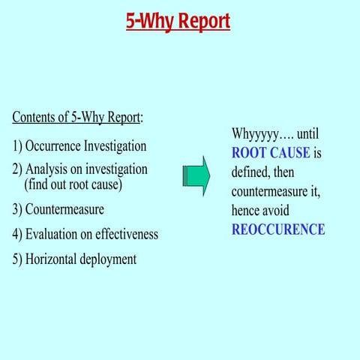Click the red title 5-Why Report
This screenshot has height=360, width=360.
pyautogui.click(x=178, y=21)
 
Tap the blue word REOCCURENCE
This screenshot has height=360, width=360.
pyautogui.click(x=278, y=229)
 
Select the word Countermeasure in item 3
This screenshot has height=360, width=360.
pyautogui.click(x=64, y=208)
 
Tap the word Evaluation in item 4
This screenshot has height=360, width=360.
pyautogui.click(x=55, y=234)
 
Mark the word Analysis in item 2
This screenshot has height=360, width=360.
pyautogui.click(x=48, y=169)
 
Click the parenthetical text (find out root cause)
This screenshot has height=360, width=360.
pyautogui.click(x=73, y=184)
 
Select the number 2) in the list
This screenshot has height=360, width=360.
pyautogui.click(x=17, y=169)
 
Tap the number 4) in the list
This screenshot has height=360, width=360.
pyautogui.click(x=17, y=234)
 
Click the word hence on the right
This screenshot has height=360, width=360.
pyautogui.click(x=247, y=211)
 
